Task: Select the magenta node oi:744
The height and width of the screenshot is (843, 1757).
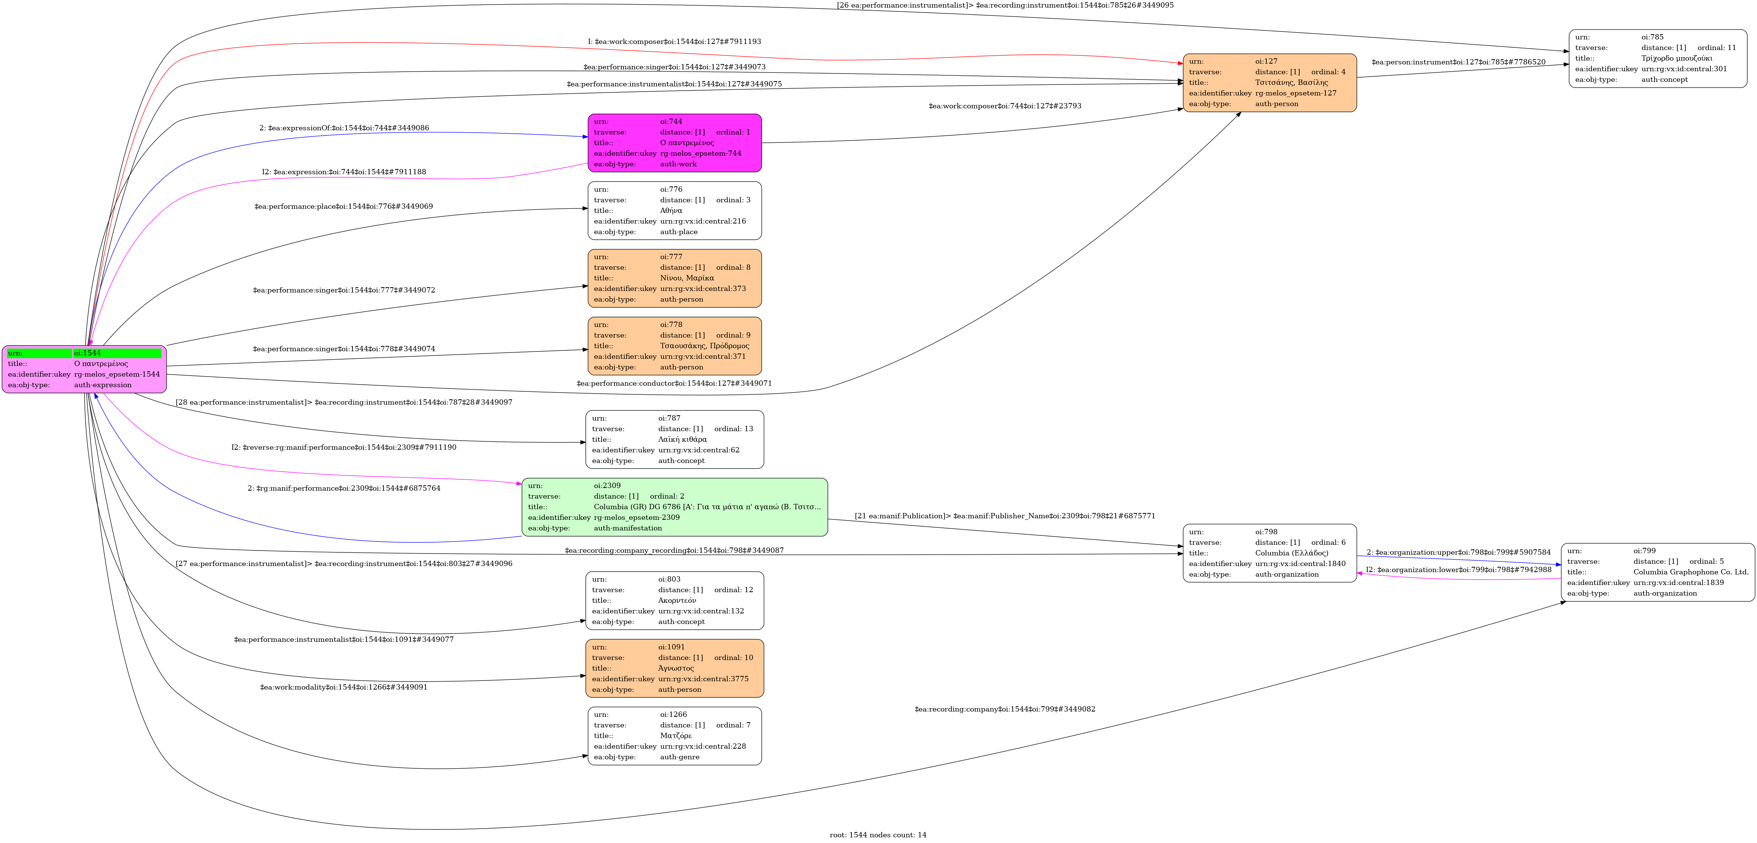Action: click(674, 143)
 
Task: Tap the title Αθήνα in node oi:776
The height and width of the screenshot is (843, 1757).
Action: click(670, 210)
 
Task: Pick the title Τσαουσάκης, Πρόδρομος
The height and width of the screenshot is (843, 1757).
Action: click(704, 346)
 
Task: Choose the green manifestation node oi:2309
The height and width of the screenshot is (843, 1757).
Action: click(674, 507)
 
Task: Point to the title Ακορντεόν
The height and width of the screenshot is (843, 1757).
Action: click(677, 600)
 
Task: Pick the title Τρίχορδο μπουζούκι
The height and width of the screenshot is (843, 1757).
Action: click(1676, 58)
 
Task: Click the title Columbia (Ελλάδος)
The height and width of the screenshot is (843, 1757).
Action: click(1291, 553)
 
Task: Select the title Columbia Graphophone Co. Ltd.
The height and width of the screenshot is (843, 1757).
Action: click(1690, 572)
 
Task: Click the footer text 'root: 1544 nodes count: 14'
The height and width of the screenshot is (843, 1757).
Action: click(878, 835)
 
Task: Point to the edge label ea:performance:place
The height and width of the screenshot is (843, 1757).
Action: click(343, 206)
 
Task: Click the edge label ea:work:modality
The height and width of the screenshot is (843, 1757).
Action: click(343, 687)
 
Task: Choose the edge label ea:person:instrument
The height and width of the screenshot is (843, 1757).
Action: click(1458, 62)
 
